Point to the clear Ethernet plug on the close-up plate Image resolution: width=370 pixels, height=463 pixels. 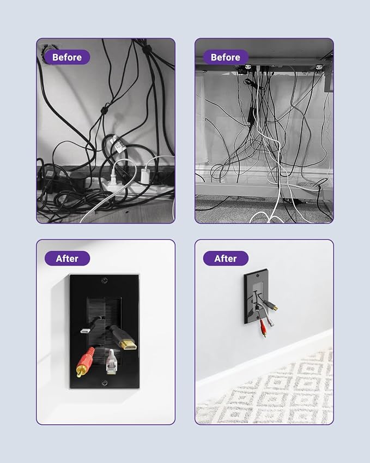pos(111,362)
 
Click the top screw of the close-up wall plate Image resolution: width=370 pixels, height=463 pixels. pos(105,280)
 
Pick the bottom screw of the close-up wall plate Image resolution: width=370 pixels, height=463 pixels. pos(105,383)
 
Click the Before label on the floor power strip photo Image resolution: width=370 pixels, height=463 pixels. pos(67,57)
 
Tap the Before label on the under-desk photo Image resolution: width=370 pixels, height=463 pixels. pos(226,57)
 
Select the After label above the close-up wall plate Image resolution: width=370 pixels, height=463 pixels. pos(67,258)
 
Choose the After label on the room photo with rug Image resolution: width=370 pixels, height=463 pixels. pos(226,258)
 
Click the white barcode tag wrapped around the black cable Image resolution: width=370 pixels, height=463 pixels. pos(118,144)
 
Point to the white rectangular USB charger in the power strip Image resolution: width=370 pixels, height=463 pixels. pos(145,176)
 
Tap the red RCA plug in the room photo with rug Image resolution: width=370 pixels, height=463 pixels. pos(263,328)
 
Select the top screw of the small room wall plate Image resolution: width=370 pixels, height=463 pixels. pos(257,275)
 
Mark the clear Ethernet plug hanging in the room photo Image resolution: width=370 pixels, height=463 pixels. pos(270,321)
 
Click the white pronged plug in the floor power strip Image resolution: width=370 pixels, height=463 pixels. pos(114,179)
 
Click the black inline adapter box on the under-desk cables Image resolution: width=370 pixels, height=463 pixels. pos(251,113)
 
